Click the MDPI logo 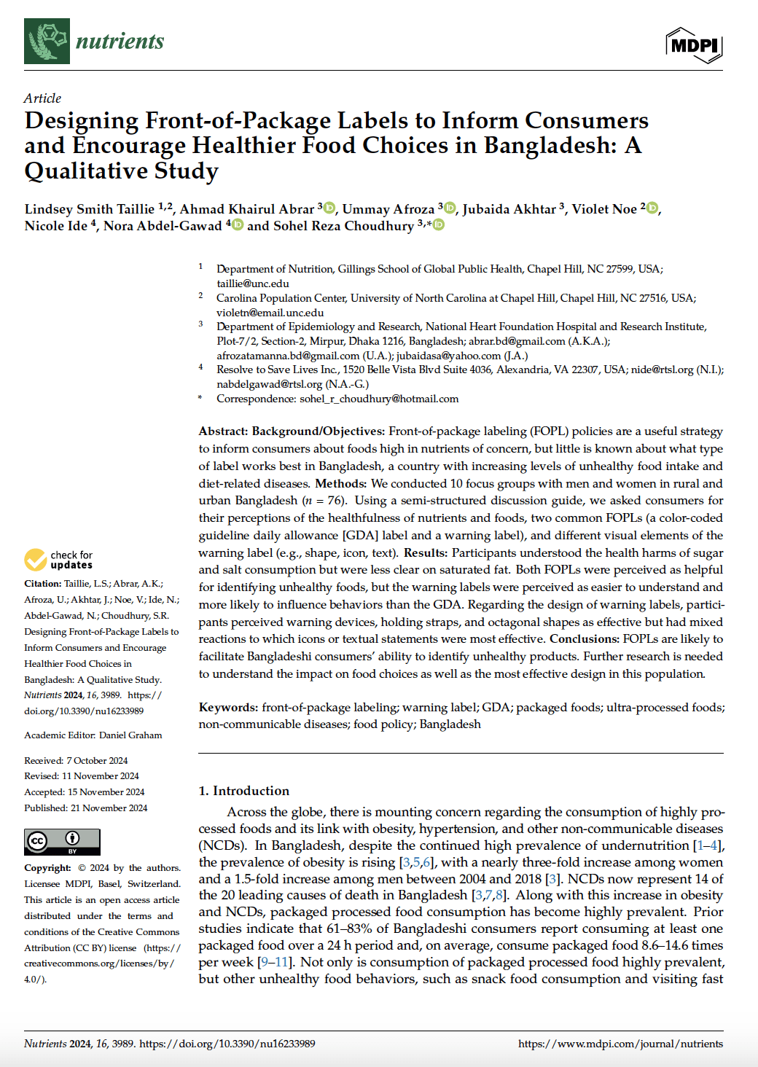point(694,45)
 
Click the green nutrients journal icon point(47,41)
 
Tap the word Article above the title point(42,98)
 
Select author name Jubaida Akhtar point(509,210)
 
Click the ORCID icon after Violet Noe point(652,208)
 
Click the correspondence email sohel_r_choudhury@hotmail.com point(379,399)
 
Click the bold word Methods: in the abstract point(340,483)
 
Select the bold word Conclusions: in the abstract point(584,639)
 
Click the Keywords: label point(228,707)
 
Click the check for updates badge point(59,560)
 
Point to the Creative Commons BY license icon point(62,842)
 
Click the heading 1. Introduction point(243,791)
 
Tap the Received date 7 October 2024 point(96,761)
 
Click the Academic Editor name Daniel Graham point(130,735)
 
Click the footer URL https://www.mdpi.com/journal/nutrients point(620,1044)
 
